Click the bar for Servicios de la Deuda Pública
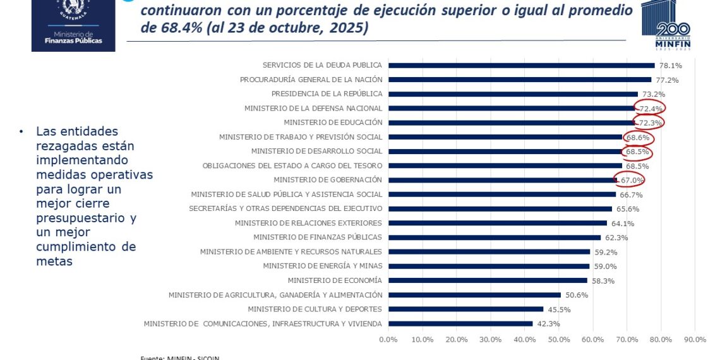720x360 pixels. coord(521,65)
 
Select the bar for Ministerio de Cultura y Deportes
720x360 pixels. coord(465,309)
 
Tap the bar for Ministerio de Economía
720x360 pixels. coord(488,280)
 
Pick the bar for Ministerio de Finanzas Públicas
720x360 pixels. coord(495,237)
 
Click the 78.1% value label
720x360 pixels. coord(670,66)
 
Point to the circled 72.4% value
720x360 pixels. coord(650,109)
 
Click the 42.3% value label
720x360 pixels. coord(548,324)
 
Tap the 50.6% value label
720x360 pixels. coord(577,295)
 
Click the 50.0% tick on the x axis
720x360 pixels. coord(559,340)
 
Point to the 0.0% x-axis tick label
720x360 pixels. coord(388,340)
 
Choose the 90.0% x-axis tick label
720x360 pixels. coord(695,340)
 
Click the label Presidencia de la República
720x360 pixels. coord(327,94)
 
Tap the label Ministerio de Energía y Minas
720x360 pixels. coord(323,266)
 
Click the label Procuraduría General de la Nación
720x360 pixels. coord(311,80)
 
